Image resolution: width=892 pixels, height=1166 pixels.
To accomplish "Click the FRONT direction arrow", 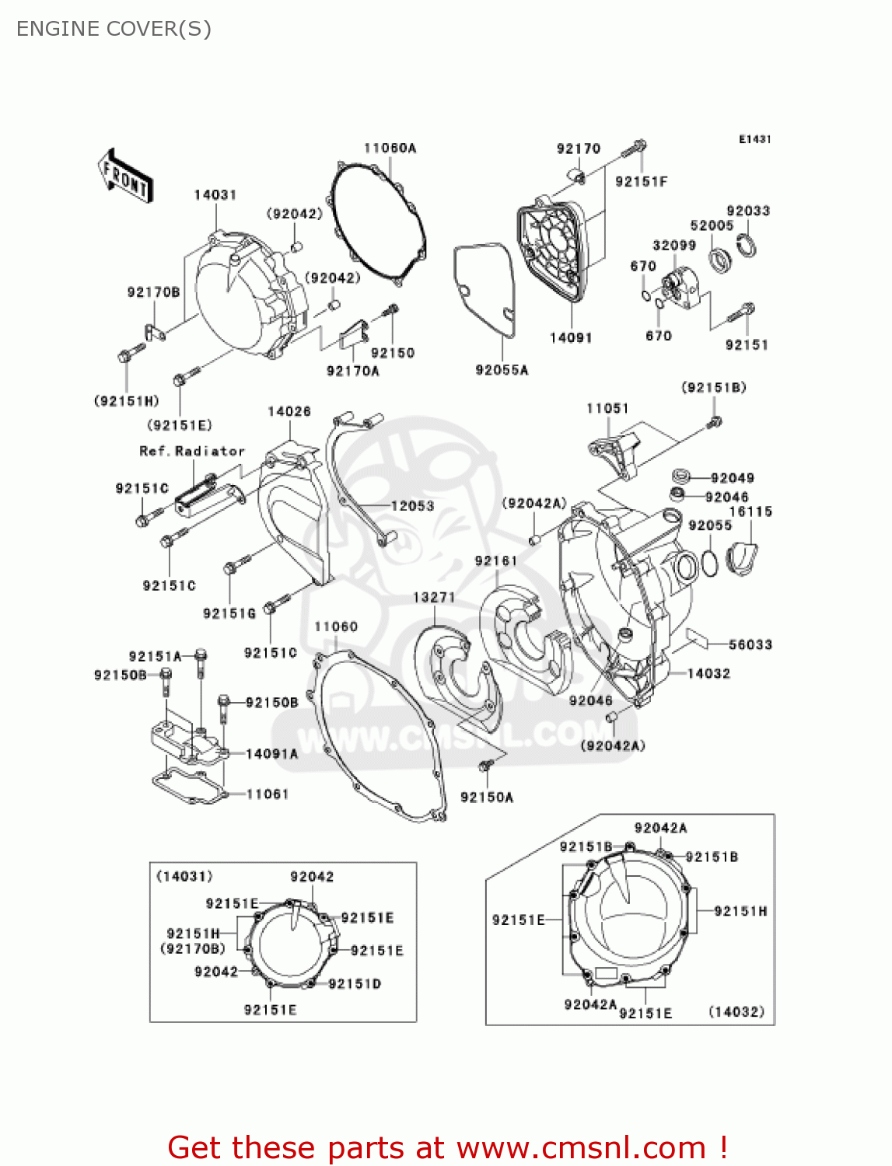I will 125,176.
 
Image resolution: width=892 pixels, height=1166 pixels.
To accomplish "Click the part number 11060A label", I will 390,148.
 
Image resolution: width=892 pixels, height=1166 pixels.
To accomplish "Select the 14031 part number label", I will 215,195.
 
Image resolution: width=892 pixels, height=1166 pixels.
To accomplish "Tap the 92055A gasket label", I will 502,370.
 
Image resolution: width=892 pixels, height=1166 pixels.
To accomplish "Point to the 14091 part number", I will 571,337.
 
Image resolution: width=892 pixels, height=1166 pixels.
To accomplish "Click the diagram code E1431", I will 754,139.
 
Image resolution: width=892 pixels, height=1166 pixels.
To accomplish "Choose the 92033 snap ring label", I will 747,211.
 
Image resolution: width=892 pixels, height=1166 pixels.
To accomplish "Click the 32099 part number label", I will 674,246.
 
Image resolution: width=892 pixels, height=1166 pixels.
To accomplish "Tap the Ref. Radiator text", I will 192,451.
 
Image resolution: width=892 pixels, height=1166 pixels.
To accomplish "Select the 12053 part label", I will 412,506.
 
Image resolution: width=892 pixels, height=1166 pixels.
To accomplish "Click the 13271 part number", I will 434,597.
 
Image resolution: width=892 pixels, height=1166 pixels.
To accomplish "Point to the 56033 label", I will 750,644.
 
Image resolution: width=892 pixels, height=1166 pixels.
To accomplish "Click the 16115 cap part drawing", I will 742,557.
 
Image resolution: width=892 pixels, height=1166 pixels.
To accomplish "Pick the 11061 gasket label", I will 268,794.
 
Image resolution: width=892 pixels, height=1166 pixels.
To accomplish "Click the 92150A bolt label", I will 487,797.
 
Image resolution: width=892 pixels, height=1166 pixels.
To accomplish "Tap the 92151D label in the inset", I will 355,984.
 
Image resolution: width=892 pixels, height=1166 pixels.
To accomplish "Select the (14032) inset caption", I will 736,1011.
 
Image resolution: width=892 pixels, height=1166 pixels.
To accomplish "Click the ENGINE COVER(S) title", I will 114,29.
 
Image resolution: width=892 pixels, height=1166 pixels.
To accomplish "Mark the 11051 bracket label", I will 607,408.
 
